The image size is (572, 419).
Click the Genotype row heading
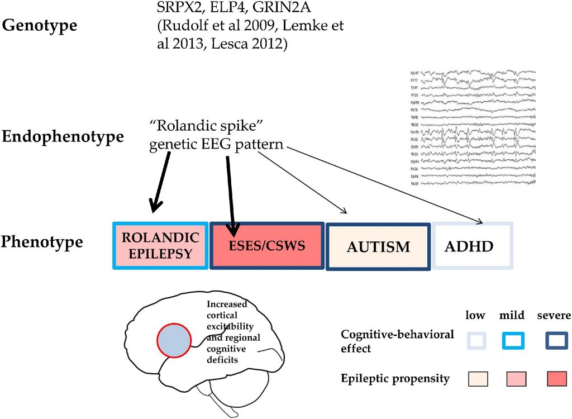click(x=40, y=26)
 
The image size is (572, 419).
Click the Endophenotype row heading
click(x=63, y=137)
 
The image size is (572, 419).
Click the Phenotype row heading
click(x=42, y=242)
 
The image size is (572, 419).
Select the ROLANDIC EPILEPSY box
click(x=160, y=246)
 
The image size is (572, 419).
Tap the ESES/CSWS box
click(x=266, y=246)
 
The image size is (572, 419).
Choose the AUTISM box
click(x=378, y=246)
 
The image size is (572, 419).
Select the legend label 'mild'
click(x=512, y=316)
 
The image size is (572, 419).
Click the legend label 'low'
click(x=475, y=316)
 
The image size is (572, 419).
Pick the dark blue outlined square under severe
click(x=557, y=340)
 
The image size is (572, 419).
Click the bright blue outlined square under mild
click(x=513, y=340)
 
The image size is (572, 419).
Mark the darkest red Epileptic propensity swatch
click(x=557, y=379)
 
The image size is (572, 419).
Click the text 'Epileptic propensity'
click(x=395, y=379)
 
